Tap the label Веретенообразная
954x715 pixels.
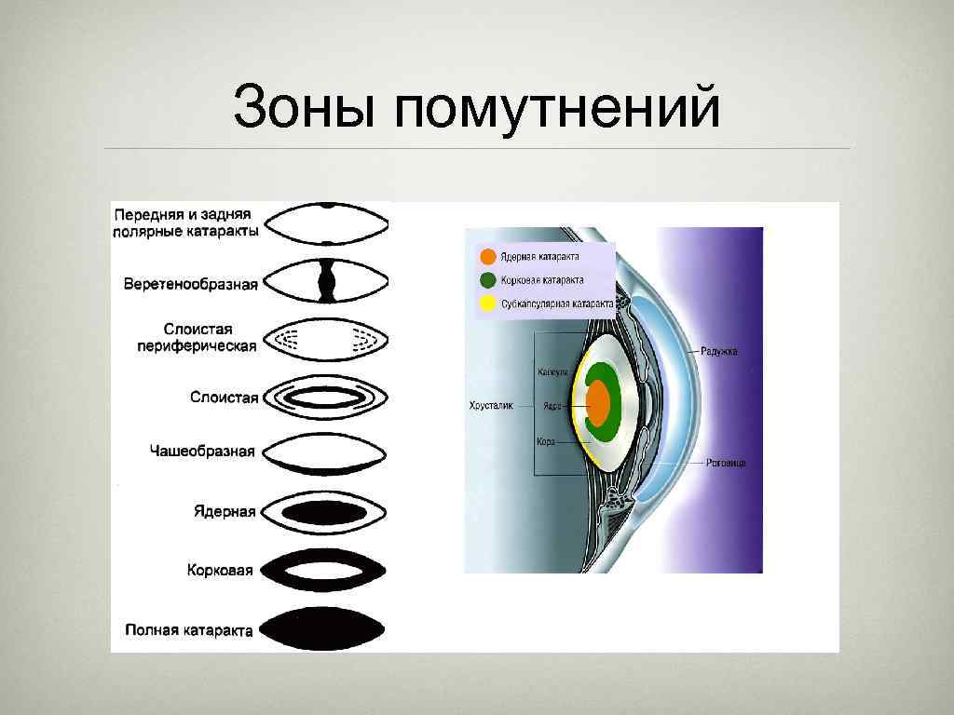[190, 283]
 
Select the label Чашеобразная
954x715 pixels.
[202, 452]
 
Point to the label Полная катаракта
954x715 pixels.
[189, 630]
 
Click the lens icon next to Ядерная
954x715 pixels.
[325, 511]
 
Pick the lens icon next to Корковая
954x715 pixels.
[325, 570]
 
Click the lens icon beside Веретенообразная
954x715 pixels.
[325, 280]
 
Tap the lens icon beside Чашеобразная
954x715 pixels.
[325, 453]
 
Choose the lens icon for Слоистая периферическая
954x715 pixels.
[325, 339]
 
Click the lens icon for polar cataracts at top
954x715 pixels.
[325, 223]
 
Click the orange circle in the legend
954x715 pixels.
[487, 257]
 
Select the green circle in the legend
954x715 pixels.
[487, 279]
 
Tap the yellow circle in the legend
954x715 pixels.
[487, 304]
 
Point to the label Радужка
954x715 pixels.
[718, 351]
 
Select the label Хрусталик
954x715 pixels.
[490, 406]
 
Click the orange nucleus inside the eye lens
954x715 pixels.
[598, 405]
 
